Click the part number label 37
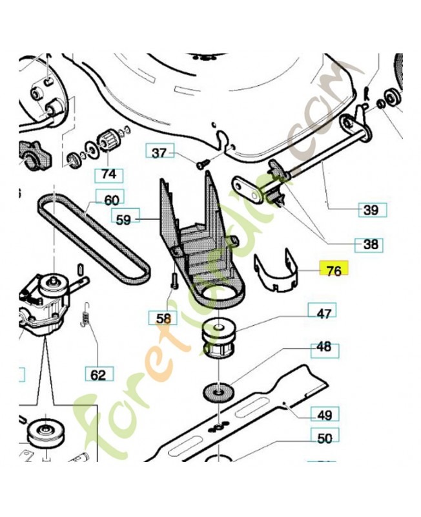pos(159,153)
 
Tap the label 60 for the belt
pos(112,199)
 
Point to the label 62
pos(98,373)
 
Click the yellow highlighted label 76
pos(334,271)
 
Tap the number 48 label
pos(323,347)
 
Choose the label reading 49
pos(325,413)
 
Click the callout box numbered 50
pos(325,438)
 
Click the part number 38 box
pos(369,245)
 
